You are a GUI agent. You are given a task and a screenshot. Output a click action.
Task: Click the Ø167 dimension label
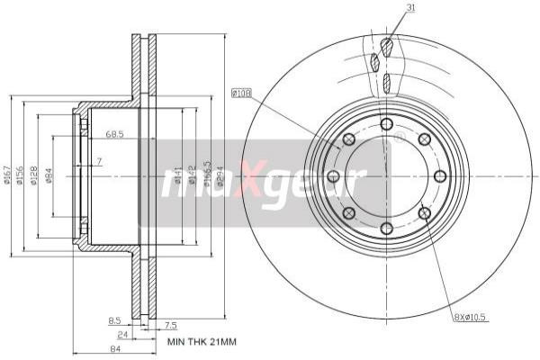[8, 175]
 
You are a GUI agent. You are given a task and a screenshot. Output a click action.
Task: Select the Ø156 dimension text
[22, 175]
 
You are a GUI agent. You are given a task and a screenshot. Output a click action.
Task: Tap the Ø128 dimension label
[34, 175]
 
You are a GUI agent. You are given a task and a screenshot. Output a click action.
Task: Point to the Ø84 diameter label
[49, 175]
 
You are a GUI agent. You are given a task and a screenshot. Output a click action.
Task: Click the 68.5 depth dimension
[114, 134]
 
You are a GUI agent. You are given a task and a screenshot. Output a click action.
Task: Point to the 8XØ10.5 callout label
[469, 318]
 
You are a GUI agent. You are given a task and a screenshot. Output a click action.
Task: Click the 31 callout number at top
[385, 8]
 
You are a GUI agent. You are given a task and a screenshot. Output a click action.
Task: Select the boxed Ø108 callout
[241, 92]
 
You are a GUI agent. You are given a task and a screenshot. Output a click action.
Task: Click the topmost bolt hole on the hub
[386, 123]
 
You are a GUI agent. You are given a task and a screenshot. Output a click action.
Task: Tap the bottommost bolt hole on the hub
[386, 228]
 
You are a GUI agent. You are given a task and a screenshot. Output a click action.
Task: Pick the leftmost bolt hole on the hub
[333, 175]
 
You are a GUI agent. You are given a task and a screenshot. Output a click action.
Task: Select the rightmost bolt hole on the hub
[439, 175]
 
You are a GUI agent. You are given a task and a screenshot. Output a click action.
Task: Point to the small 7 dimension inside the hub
[99, 161]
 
